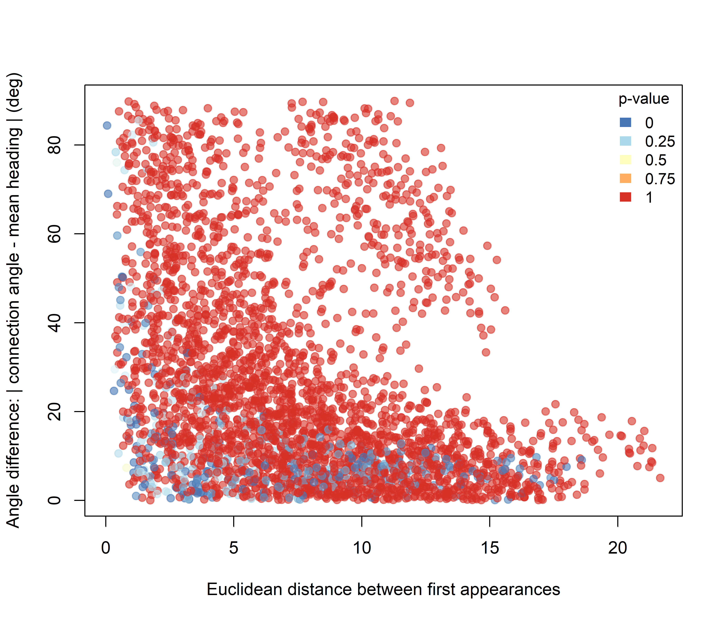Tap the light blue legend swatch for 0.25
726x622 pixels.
pos(625,141)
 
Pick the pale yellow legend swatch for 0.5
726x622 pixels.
pos(625,160)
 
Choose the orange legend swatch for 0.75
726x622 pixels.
pos(625,179)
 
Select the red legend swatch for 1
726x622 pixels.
pos(625,197)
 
